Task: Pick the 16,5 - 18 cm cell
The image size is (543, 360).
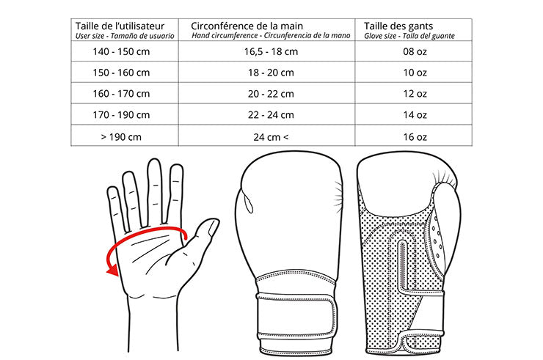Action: [270, 51]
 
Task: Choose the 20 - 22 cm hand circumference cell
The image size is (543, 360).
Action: [270, 94]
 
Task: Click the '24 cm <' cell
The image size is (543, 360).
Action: [270, 136]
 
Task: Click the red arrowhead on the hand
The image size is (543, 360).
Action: [112, 271]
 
